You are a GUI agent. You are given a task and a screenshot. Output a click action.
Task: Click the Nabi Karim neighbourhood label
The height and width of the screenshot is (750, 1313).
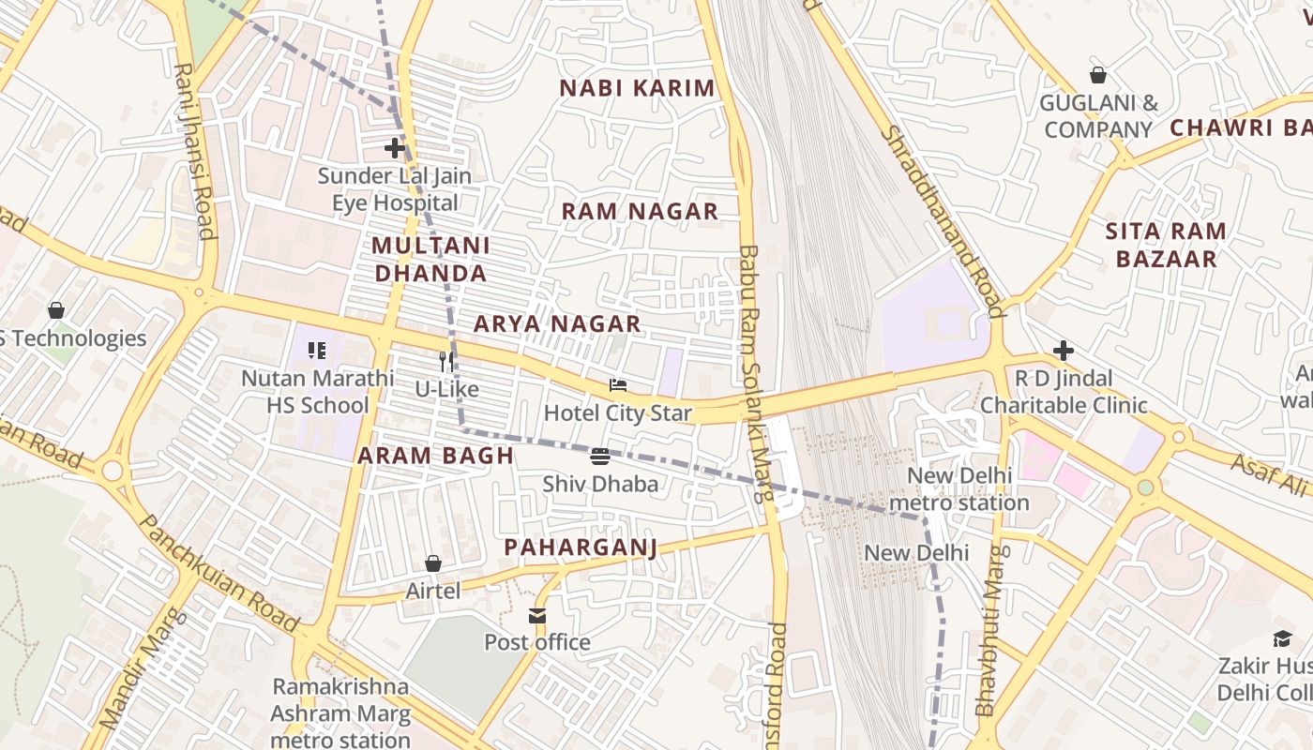coord(637,88)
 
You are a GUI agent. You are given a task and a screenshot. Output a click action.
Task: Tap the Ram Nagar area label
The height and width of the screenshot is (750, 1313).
coord(640,211)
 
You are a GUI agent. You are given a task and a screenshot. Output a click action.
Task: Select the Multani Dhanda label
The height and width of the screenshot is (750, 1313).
coord(430,259)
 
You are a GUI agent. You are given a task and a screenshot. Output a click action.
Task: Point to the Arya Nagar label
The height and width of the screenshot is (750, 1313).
coord(557,323)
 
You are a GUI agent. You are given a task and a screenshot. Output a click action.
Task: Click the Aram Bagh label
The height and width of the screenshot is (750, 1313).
coord(435,456)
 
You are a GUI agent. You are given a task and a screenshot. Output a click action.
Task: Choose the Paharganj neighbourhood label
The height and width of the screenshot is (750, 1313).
coord(581,547)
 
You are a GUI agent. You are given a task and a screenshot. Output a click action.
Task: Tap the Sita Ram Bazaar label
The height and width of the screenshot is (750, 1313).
coord(1166,245)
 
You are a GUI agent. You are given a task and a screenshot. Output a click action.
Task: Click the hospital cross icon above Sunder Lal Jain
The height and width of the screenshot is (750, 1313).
coord(395,148)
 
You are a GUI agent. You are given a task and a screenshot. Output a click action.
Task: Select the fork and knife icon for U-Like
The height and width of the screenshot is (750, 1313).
coord(446,361)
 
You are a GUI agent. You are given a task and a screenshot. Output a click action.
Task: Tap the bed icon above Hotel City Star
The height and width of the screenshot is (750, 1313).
coord(617,385)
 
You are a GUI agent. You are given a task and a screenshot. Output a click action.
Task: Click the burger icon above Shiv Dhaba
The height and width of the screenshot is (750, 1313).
coord(600,457)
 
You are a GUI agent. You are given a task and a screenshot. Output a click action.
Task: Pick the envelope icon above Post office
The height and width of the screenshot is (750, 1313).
coord(537,616)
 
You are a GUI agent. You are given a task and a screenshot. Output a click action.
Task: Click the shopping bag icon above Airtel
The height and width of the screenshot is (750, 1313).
coord(433,563)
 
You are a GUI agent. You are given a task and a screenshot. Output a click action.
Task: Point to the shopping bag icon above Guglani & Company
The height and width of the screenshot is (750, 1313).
coord(1097,75)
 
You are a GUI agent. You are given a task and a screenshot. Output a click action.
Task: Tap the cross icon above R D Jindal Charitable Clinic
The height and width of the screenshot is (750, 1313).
coord(1063,351)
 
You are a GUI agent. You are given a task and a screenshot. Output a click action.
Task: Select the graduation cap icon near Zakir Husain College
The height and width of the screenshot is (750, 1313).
coord(1281,639)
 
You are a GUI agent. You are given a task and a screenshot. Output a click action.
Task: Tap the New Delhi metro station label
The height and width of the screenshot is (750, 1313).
coord(958,489)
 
